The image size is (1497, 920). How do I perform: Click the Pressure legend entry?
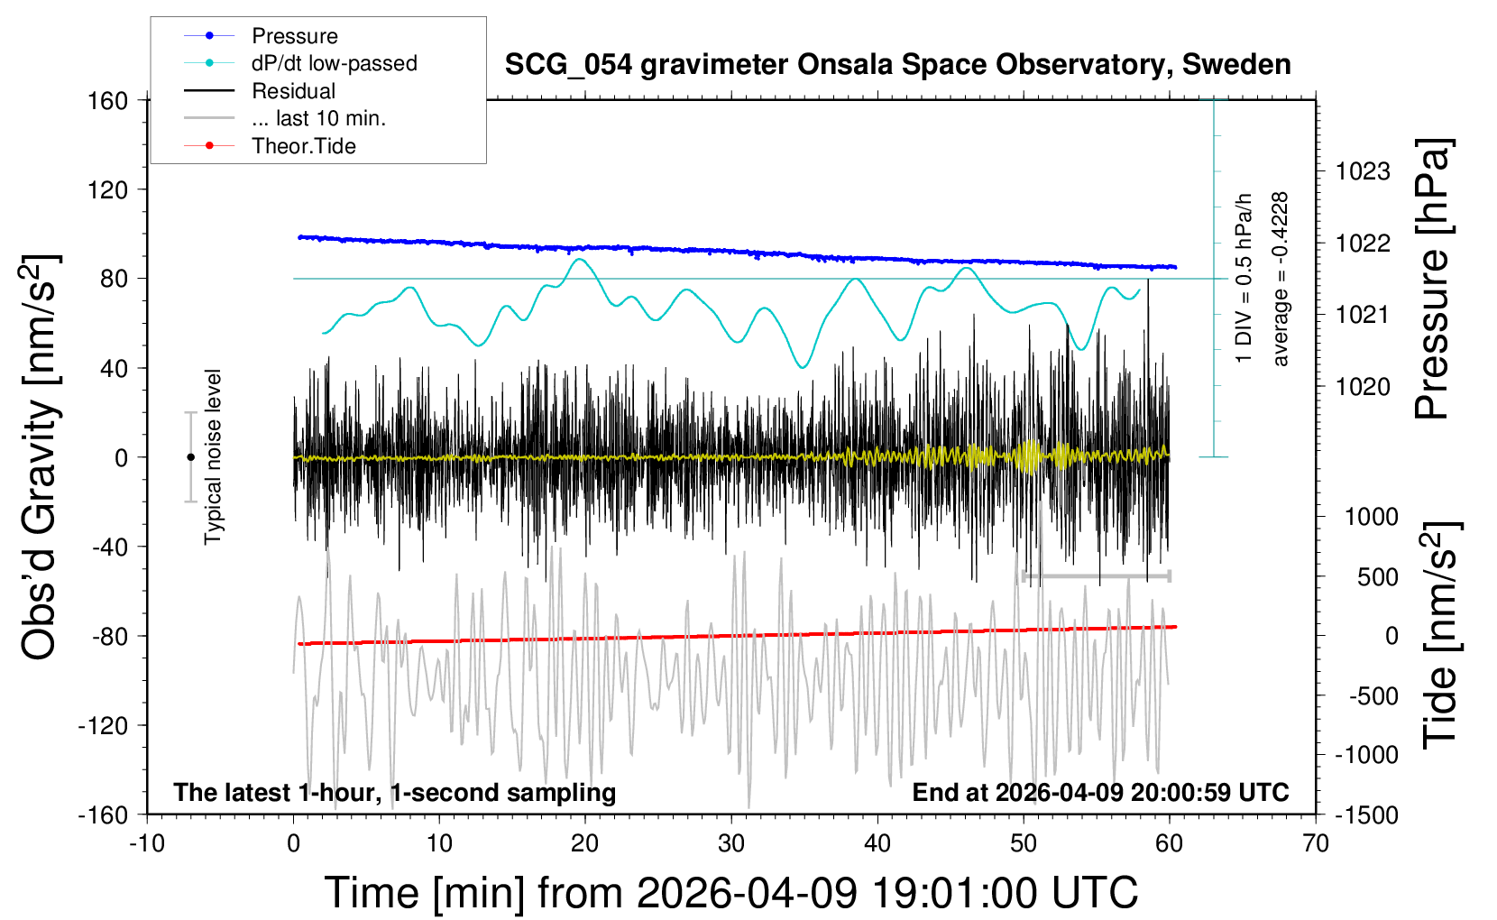click(x=294, y=36)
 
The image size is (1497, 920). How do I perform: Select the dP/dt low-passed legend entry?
click(x=334, y=63)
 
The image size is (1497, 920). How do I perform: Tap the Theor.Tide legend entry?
click(x=303, y=146)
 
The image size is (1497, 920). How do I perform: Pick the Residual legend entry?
click(x=293, y=91)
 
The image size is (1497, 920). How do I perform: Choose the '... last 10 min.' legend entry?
click(x=318, y=118)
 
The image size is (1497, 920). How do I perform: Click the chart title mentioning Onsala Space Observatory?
click(x=897, y=65)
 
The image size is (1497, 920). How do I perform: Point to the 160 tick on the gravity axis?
click(x=108, y=100)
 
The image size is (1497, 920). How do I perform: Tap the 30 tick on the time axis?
click(x=731, y=843)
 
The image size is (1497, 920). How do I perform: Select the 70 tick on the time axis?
click(x=1316, y=843)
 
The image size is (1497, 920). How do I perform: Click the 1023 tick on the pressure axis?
click(x=1363, y=171)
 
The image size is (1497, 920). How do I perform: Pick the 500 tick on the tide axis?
click(x=1377, y=576)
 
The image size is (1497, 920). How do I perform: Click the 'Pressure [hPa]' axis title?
click(x=1432, y=279)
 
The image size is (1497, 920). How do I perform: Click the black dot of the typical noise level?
click(x=190, y=457)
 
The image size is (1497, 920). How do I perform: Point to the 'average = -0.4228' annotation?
click(x=1280, y=279)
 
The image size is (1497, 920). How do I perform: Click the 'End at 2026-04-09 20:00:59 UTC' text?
click(x=1100, y=793)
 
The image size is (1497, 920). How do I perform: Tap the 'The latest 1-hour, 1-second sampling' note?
click(x=395, y=793)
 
